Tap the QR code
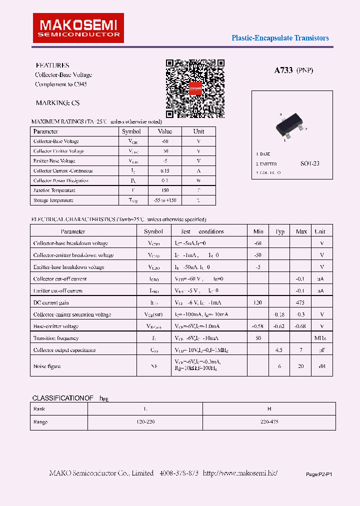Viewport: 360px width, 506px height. click(194, 88)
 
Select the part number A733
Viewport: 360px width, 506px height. click(283, 70)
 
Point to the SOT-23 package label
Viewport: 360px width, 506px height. click(309, 163)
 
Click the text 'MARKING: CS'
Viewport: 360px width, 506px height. click(57, 103)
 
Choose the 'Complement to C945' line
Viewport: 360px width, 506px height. click(60, 84)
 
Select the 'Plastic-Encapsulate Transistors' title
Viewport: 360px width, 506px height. click(280, 38)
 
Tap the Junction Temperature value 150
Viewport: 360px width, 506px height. click(164, 190)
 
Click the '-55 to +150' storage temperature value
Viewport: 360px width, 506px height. click(164, 200)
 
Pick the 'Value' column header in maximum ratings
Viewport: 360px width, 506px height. click(164, 131)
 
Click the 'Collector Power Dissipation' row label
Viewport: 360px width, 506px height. click(60, 180)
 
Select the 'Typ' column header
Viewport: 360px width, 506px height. click(280, 231)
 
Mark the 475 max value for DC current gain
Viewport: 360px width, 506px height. click(301, 302)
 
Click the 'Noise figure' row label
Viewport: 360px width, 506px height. click(47, 366)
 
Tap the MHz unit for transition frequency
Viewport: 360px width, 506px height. click(320, 338)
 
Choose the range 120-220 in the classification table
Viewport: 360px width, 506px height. click(145, 422)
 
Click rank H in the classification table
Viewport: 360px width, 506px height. click(269, 408)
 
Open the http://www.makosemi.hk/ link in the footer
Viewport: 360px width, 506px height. click(240, 473)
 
